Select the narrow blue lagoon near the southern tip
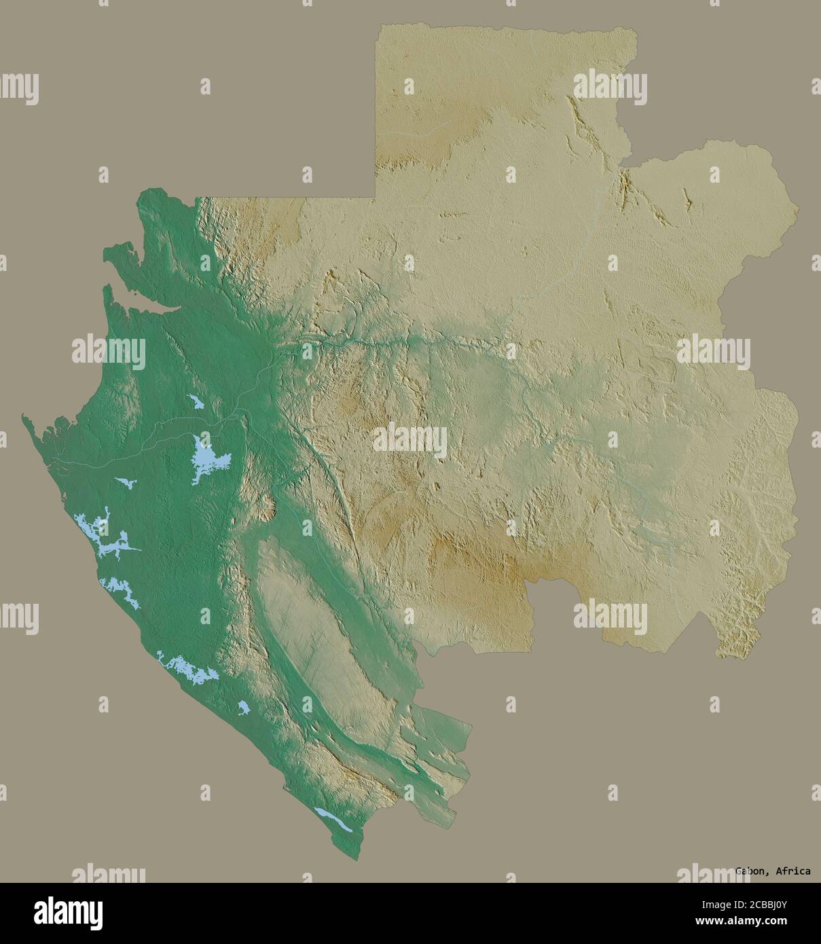[333, 820]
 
